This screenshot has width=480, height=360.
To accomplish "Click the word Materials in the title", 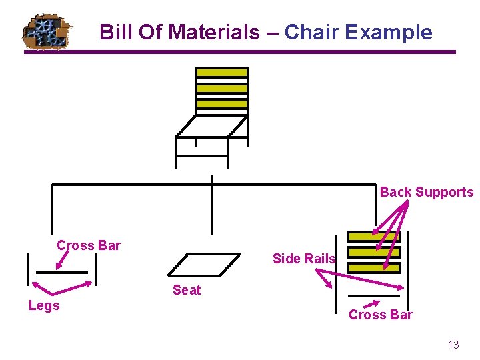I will (x=213, y=32).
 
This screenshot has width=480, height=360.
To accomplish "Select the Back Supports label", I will (x=427, y=192).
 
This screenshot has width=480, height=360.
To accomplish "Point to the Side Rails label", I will (x=304, y=259).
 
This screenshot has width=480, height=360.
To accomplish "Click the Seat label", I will (x=187, y=290).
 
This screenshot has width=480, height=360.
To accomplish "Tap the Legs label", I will (x=44, y=305).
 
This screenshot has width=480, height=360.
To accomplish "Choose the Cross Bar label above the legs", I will (x=89, y=245).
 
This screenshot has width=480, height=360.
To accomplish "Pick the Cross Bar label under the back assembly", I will (x=381, y=315).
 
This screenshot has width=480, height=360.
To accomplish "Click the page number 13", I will (x=453, y=345).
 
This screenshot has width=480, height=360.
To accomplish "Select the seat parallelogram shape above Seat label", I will (x=204, y=265).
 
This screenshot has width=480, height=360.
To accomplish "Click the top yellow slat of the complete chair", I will (x=221, y=73).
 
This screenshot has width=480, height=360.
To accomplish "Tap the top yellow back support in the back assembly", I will (x=375, y=237).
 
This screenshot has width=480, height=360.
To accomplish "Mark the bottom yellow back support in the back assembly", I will (x=375, y=267).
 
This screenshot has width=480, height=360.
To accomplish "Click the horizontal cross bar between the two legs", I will (x=61, y=272).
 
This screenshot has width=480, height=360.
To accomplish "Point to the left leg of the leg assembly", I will (x=27, y=269).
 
